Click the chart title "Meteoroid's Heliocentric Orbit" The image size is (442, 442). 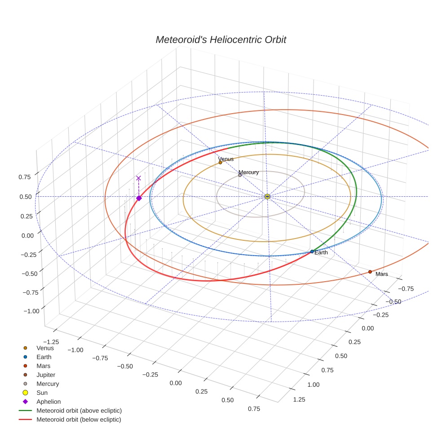(x=221, y=40)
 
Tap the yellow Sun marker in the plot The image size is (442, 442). (x=267, y=196)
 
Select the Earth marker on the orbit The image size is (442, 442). (x=312, y=252)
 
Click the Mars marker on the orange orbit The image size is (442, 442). (x=370, y=272)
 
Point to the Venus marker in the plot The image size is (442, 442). (x=220, y=163)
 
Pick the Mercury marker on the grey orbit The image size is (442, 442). (x=240, y=175)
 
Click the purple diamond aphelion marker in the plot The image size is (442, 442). (x=139, y=198)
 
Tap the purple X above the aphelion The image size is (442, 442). (x=138, y=178)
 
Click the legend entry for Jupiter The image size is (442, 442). (x=45, y=375)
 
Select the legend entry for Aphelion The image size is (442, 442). (x=48, y=402)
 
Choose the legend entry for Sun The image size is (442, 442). (x=42, y=393)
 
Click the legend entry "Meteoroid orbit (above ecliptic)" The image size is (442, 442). (x=79, y=411)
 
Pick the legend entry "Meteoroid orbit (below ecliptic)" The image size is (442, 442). (x=79, y=420)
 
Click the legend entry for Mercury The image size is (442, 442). (x=47, y=384)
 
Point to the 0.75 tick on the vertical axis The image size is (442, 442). (x=25, y=177)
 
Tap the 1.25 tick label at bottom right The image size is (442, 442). (x=299, y=399)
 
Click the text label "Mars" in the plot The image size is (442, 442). (x=382, y=274)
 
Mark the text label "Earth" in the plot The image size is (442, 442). (x=321, y=253)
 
